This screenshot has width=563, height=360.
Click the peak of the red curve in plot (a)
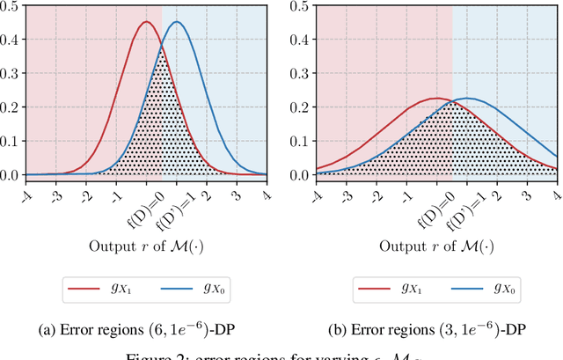(146, 22)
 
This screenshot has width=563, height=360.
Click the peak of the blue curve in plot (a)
(177, 22)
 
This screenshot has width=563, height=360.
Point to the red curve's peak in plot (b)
(435, 99)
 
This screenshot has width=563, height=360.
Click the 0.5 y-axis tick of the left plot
(11, 6)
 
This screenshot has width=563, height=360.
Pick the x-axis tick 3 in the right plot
(526, 186)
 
